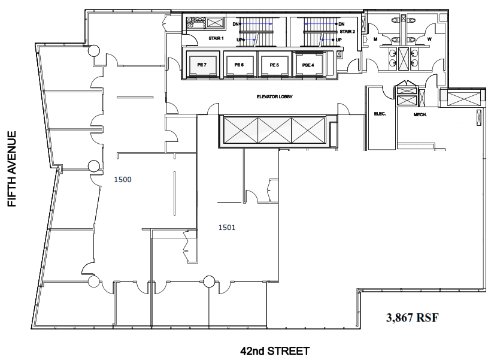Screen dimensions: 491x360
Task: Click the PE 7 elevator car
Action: [x=202, y=65]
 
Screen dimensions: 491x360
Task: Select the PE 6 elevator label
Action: [x=239, y=65]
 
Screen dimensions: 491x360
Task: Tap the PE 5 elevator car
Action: [x=274, y=65]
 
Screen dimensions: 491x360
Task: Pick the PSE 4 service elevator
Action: [x=308, y=65]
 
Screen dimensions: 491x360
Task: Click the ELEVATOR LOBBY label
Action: [x=275, y=97]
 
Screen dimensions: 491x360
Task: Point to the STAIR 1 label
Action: [x=216, y=38]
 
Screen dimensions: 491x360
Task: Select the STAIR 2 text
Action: [x=347, y=32]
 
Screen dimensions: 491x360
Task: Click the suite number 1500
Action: [x=123, y=180]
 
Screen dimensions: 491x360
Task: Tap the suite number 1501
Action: [x=227, y=228]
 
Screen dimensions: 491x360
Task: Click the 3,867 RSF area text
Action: [x=413, y=317]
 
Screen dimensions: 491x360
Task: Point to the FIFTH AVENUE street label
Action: [x=11, y=169]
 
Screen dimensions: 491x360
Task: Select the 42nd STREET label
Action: [x=275, y=351]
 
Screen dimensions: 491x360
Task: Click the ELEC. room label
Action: [x=380, y=114]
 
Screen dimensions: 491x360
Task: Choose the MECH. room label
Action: [x=420, y=115]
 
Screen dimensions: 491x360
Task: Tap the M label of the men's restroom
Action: [x=375, y=39]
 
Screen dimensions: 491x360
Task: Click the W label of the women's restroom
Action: [x=429, y=39]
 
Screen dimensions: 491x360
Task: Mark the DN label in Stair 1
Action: [x=235, y=24]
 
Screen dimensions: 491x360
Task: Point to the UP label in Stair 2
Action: [x=339, y=40]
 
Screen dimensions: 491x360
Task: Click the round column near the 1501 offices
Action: [x=209, y=282]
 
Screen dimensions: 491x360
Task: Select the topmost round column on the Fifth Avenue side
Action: [x=93, y=50]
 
